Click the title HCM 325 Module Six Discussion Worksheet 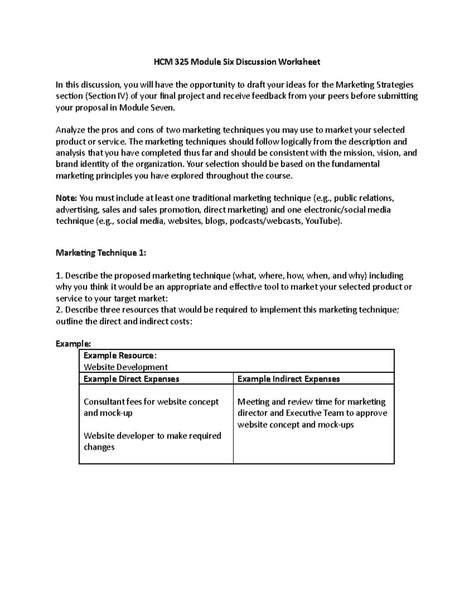point(237,62)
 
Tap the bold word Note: point(67,198)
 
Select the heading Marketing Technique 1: point(101,253)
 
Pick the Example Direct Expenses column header point(131,379)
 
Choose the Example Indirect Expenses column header point(288,379)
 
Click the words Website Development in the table point(126,367)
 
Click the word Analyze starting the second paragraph point(70,130)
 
